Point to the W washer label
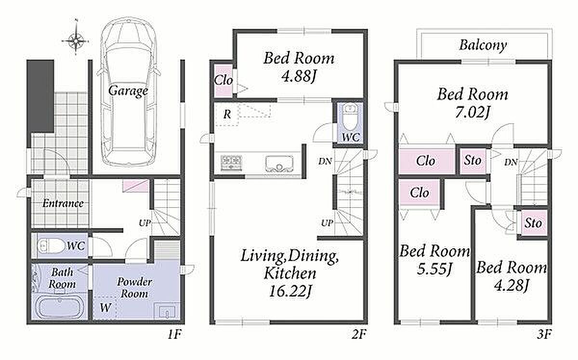pos(106,308)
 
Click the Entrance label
pos(63,204)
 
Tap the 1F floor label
pos(175,334)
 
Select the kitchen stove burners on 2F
pos(231,163)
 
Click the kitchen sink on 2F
pos(279,164)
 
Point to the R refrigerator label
pos(227,114)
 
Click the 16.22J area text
pos(290,291)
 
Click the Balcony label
pos(483,46)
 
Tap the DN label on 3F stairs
pos(511,162)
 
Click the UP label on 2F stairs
pos(327,222)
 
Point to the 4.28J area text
pos(512,286)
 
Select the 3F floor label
pos(544,334)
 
